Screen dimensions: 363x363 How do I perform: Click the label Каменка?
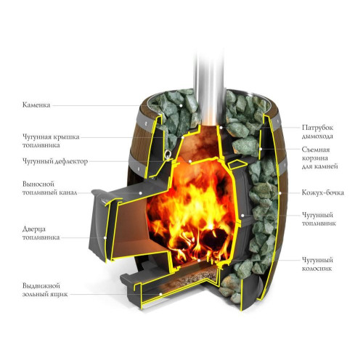pos(36,105)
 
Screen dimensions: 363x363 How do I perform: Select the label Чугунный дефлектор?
pos(55,161)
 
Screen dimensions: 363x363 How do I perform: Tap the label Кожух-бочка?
pos(323,192)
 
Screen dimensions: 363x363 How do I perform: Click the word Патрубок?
pos(317,128)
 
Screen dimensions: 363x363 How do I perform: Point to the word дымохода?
pos(317,136)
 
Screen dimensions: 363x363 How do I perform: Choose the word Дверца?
pos(34,229)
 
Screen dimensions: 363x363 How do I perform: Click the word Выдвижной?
pos(41,286)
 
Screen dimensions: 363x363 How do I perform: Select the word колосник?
pos(317,269)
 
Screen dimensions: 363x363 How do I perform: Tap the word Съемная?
pos(316,150)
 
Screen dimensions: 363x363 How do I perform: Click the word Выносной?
pos(38,184)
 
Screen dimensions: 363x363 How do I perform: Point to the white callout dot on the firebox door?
pos(105,237)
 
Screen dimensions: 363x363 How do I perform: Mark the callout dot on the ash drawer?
pos(160,294)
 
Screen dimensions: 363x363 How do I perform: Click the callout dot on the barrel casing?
pos(280,193)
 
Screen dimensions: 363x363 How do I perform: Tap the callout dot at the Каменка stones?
pos(180,105)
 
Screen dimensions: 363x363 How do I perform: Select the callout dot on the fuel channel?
pos(140,193)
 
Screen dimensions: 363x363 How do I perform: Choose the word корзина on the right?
pos(314,158)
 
